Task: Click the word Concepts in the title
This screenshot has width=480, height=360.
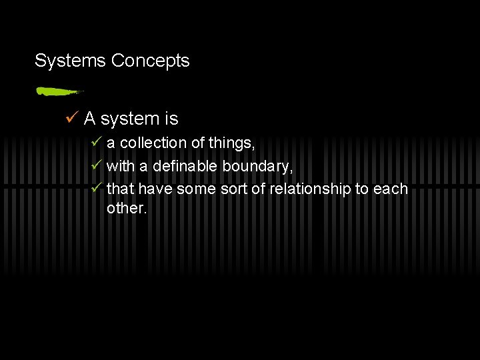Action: (151, 61)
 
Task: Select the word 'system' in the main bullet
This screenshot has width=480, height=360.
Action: (130, 119)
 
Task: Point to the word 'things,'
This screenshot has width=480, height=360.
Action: (232, 143)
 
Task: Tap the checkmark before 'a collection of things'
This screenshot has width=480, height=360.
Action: (97, 143)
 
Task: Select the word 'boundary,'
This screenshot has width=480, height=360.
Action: (257, 165)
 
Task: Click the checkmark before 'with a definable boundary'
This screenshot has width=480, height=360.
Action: (97, 165)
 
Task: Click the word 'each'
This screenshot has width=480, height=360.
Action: (391, 189)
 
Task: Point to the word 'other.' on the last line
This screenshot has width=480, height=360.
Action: (127, 208)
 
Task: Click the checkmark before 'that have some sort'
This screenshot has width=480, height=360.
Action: (97, 189)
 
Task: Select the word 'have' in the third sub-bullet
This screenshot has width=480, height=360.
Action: (155, 189)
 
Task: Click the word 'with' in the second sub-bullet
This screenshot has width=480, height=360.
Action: (120, 165)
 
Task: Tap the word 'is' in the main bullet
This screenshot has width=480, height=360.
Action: (171, 119)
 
